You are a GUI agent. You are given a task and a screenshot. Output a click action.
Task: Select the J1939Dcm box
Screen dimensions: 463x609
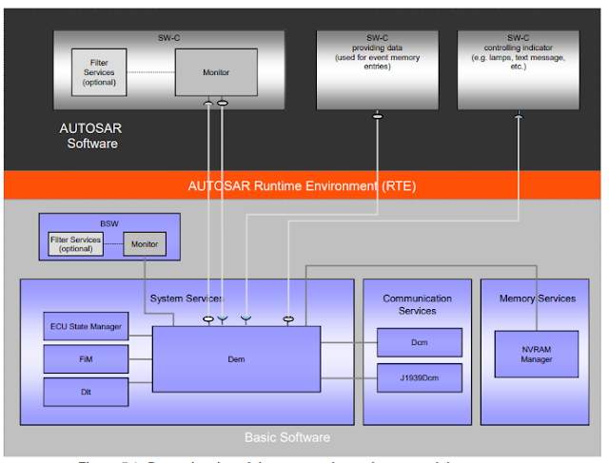[x=420, y=377]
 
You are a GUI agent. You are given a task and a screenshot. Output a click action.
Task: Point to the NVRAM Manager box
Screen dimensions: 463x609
[x=537, y=353]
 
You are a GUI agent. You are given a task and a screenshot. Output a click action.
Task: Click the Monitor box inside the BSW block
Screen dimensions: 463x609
[x=145, y=244]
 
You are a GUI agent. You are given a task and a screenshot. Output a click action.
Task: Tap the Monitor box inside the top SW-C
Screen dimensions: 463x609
[x=216, y=72]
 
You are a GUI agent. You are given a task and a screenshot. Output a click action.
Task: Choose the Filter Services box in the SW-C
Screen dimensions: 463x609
[x=99, y=72]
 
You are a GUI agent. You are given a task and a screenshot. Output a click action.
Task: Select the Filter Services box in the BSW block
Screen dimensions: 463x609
[x=75, y=244]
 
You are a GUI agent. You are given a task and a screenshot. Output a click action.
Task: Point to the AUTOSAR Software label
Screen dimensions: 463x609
[x=92, y=136]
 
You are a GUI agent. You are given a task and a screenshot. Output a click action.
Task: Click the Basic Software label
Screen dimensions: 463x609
[x=287, y=437]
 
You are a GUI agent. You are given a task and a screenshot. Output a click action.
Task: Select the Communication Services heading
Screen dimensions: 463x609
[x=417, y=304]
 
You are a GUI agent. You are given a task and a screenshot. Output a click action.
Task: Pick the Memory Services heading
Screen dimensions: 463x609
[x=538, y=299]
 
